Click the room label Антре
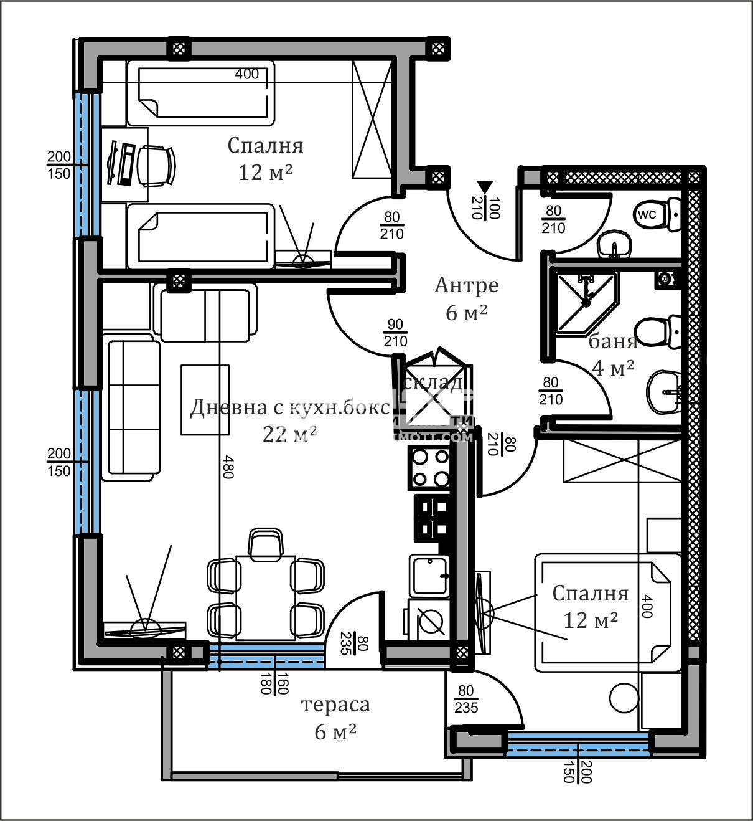coord(466,285)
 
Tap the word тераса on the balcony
coord(335,705)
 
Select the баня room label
coord(613,341)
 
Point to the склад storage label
coord(434,382)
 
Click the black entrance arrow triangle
coord(485,187)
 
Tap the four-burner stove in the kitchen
coord(429,467)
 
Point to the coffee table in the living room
coord(205,399)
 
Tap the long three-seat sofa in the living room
coord(131,407)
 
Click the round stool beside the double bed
coord(623,698)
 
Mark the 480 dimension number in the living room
coord(227,467)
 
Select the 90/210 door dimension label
coord(395,333)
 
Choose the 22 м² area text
coord(290,434)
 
